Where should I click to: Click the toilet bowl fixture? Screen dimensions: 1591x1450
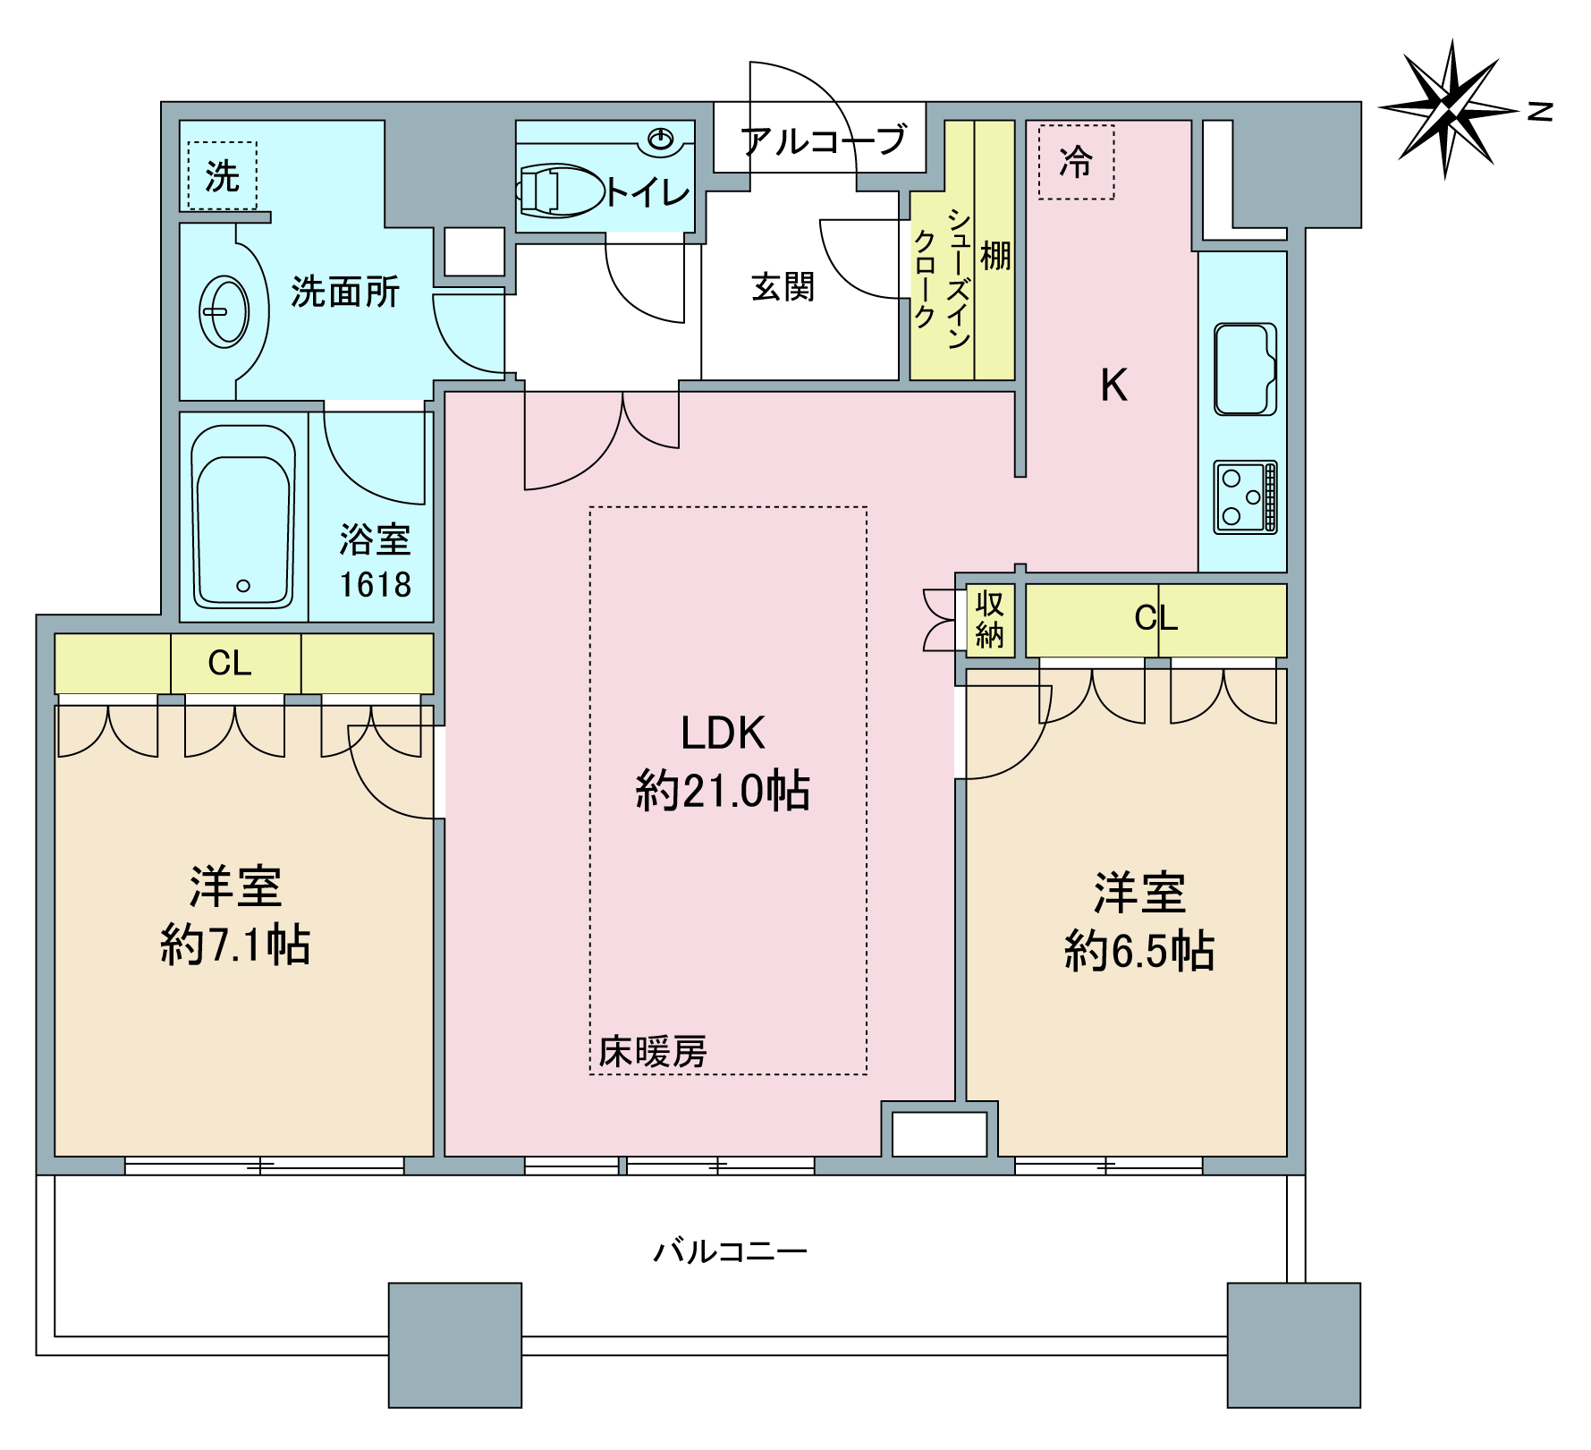tap(560, 191)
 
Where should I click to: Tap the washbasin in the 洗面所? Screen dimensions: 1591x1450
tap(224, 312)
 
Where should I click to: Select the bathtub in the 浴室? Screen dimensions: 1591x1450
tap(243, 516)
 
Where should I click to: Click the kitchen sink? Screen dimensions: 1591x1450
tap(1245, 369)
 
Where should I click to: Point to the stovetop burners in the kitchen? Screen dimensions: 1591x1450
tap(1245, 497)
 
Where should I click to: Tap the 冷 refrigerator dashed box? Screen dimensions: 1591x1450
tap(1076, 162)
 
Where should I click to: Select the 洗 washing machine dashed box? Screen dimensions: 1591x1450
tap(223, 175)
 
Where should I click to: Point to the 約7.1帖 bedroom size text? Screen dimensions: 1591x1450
tap(235, 945)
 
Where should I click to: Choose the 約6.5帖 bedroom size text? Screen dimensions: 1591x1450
tap(1139, 950)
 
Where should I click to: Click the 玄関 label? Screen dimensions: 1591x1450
tap(783, 287)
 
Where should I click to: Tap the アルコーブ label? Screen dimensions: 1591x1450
tap(824, 140)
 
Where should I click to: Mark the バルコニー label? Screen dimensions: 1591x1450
tap(730, 1251)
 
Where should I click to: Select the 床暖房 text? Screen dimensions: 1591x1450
tap(653, 1051)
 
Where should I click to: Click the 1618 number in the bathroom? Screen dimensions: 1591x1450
tap(375, 585)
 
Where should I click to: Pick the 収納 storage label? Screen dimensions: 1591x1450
tap(989, 619)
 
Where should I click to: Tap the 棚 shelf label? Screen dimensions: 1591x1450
tap(995, 256)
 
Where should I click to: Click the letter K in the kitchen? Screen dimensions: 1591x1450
tap(1114, 386)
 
